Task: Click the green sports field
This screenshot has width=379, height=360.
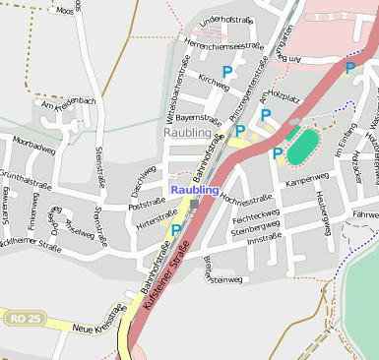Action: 304,147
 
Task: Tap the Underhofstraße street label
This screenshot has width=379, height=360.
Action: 226,21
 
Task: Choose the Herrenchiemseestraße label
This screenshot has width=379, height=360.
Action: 223,45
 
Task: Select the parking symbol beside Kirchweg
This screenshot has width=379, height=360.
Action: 227,72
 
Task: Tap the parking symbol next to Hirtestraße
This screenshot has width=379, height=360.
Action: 176,230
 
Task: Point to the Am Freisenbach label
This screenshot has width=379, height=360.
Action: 68,103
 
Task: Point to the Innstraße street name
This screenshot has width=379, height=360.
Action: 264,239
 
